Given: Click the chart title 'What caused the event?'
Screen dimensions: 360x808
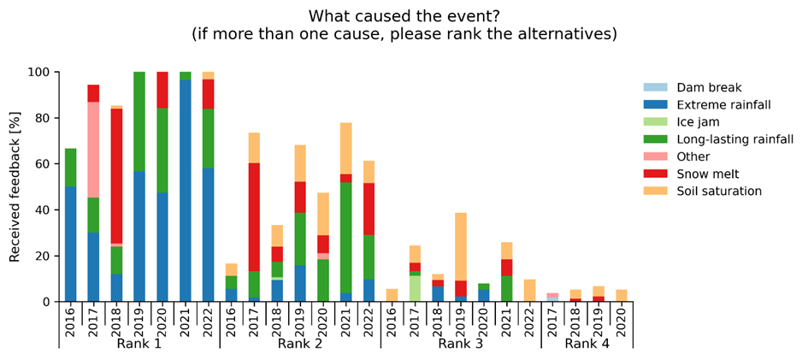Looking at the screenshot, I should coord(404,16).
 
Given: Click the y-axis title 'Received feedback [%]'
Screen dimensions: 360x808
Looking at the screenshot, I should coord(15,186).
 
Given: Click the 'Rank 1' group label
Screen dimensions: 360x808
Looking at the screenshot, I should coord(139,344).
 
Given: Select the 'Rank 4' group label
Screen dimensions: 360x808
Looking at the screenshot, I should coord(587,344).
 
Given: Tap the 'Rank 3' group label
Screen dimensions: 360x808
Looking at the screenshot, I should coord(461,344).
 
